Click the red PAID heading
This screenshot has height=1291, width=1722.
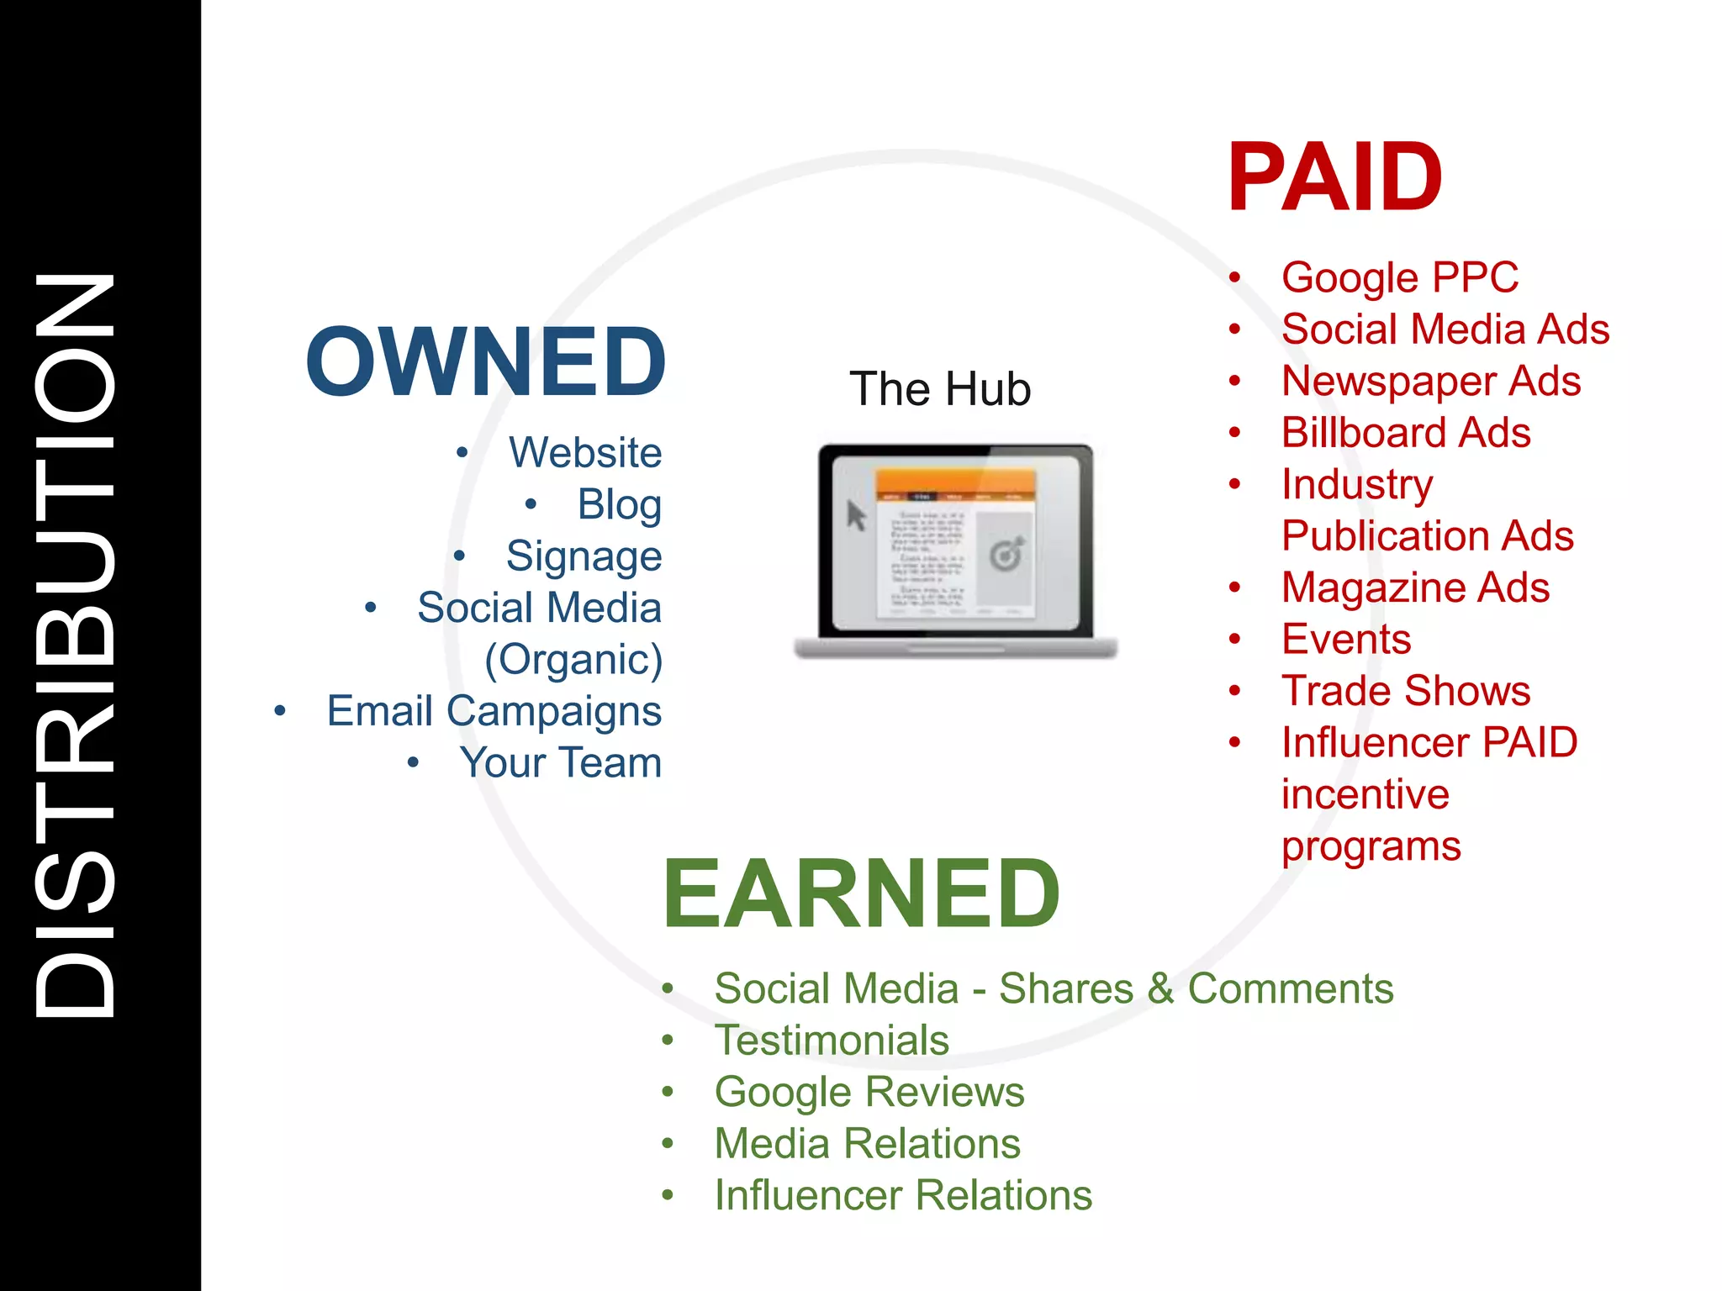[x=1334, y=177]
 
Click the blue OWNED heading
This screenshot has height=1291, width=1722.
[x=486, y=362]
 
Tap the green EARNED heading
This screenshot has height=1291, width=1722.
[x=861, y=893]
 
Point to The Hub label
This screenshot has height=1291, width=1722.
[x=940, y=389]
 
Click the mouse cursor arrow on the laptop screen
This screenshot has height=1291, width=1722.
[x=856, y=515]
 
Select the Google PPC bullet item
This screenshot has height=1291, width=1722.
[x=1400, y=277]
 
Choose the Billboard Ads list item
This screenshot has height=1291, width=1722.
[x=1406, y=433]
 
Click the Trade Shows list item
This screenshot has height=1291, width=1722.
[x=1406, y=691]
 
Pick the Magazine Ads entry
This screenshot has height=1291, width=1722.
[x=1415, y=588]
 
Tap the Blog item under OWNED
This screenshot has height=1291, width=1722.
[x=619, y=505]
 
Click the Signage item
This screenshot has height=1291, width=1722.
[x=584, y=556]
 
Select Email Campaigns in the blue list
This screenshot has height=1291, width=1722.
[x=494, y=711]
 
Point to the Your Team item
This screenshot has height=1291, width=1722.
[x=560, y=763]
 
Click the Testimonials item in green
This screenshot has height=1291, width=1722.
[x=832, y=1041]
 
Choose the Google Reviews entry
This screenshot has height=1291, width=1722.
[x=869, y=1092]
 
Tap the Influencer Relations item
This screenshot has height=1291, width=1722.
[x=903, y=1195]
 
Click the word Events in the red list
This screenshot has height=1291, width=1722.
[x=1346, y=640]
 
